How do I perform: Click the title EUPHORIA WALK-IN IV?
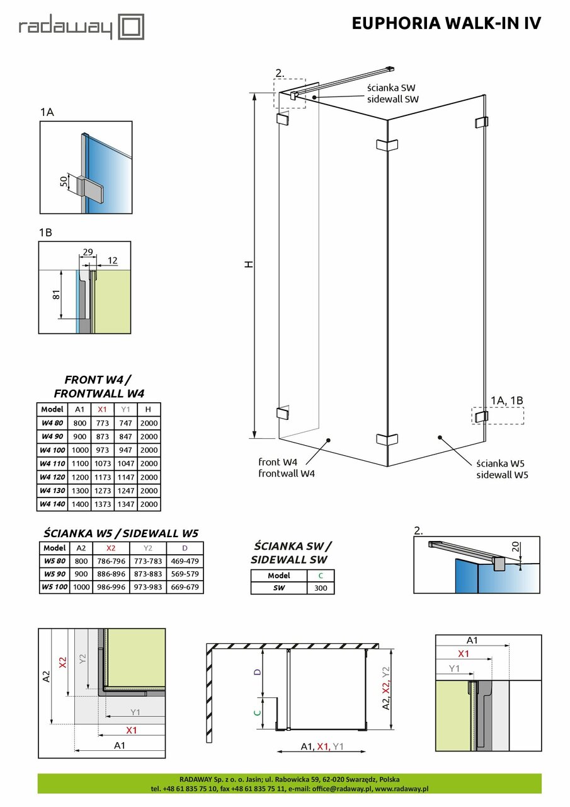(x=446, y=23)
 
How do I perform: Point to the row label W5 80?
(x=55, y=561)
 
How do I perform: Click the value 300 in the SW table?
(x=321, y=588)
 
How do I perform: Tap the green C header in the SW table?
(x=321, y=576)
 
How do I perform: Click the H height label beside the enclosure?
(x=249, y=265)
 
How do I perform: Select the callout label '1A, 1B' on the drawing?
(x=508, y=400)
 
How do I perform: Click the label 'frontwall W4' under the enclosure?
(x=287, y=473)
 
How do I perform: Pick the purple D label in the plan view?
(x=256, y=673)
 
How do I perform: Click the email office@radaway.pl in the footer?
(x=341, y=789)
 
